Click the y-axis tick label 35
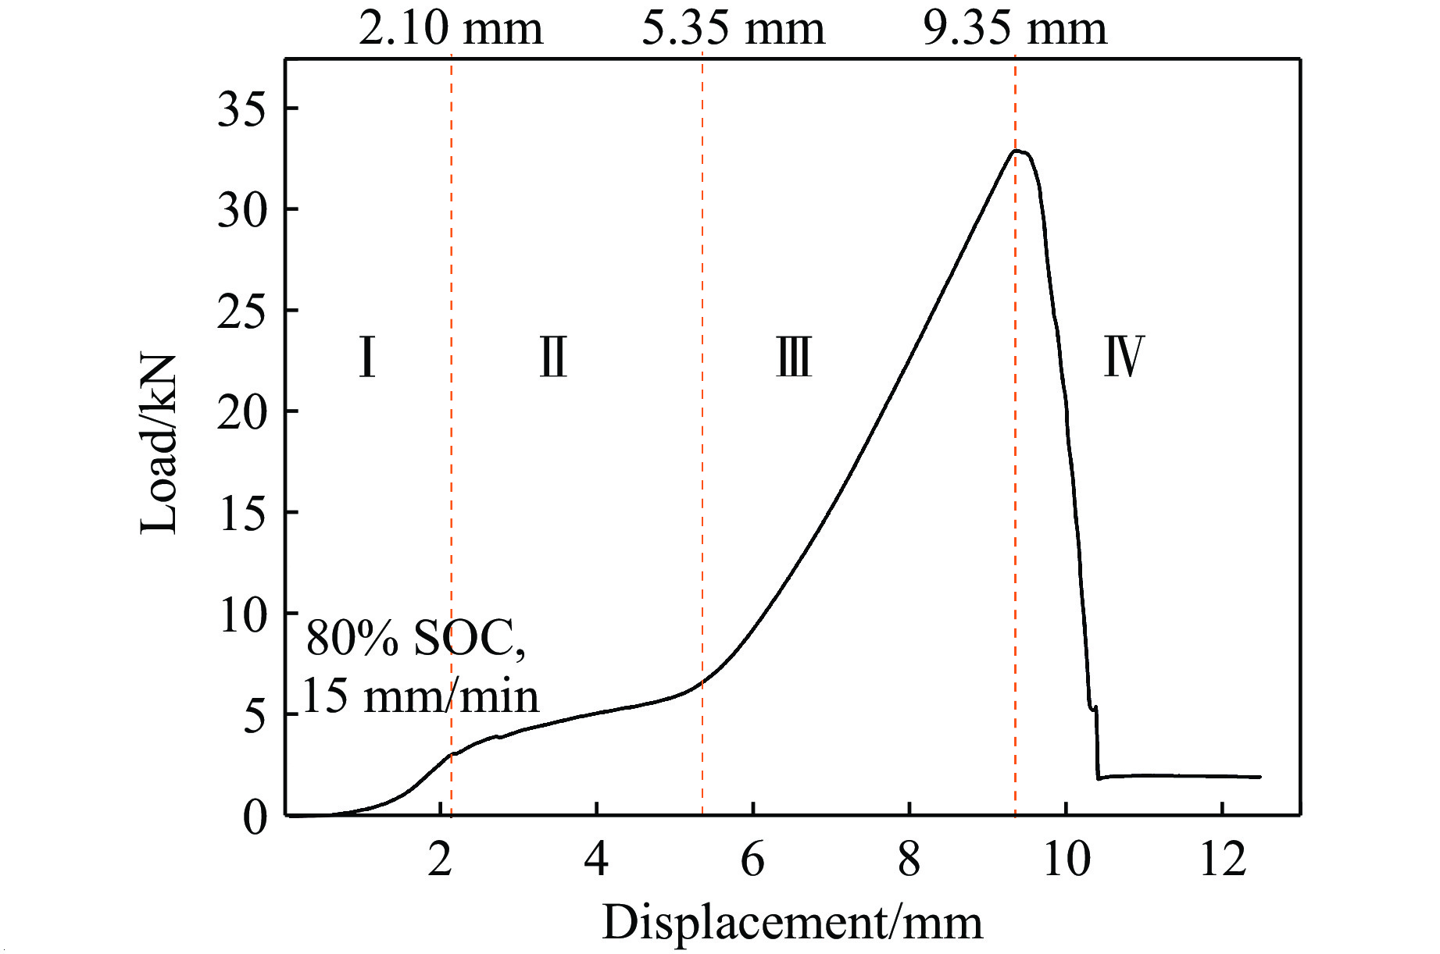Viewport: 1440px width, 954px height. [241, 109]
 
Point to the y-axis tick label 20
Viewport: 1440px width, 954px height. [241, 412]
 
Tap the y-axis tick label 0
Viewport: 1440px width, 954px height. [255, 817]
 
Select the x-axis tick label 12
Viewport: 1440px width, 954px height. [1222, 860]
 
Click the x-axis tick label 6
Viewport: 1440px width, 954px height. [752, 860]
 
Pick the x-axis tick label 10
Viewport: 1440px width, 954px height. [1066, 860]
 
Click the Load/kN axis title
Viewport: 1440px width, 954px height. [159, 443]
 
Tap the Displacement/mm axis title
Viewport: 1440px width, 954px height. [791, 922]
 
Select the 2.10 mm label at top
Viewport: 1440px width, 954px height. [450, 29]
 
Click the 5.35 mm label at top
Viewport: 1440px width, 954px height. [733, 29]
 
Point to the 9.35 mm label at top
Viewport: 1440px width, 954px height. [1015, 29]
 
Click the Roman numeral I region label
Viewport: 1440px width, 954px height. [367, 357]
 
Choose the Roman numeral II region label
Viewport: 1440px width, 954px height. [553, 357]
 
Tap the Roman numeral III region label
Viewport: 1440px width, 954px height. [794, 357]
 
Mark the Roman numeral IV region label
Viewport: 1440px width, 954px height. [1124, 357]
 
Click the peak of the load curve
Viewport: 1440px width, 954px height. [1017, 151]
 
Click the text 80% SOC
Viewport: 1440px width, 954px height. [415, 638]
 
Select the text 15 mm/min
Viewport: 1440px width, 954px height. [420, 696]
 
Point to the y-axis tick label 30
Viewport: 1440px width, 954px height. [241, 210]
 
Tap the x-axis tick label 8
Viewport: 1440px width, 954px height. [909, 860]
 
